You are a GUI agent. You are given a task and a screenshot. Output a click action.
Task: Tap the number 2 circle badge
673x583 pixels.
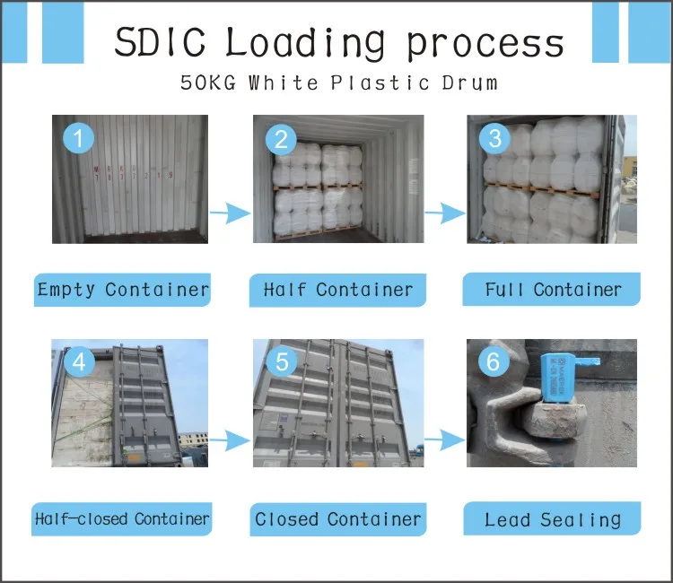click(281, 139)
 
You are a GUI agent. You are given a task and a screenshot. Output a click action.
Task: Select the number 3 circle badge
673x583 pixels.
click(494, 138)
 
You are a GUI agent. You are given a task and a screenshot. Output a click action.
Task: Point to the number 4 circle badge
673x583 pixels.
click(80, 361)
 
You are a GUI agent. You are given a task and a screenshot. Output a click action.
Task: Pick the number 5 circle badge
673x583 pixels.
click(282, 361)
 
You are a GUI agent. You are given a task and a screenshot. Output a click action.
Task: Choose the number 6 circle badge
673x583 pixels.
click(493, 362)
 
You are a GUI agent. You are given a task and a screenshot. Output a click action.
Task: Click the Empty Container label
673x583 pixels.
click(123, 290)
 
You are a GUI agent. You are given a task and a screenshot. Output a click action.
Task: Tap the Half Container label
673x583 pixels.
click(337, 290)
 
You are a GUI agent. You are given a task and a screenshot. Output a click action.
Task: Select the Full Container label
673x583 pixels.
click(552, 290)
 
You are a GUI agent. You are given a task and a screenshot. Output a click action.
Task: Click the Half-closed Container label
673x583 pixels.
click(123, 518)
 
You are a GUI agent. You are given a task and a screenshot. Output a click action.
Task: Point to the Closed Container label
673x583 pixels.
click(337, 518)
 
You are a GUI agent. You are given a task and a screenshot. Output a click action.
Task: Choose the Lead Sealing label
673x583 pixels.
click(552, 519)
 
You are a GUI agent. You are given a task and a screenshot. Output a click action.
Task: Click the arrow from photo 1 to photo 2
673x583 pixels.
click(229, 213)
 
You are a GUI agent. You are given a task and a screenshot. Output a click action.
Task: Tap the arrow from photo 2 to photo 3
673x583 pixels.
click(445, 213)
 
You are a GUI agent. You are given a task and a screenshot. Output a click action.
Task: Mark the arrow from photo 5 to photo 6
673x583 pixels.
click(445, 439)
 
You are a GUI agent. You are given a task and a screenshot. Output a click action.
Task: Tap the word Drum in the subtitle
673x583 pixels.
click(470, 83)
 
